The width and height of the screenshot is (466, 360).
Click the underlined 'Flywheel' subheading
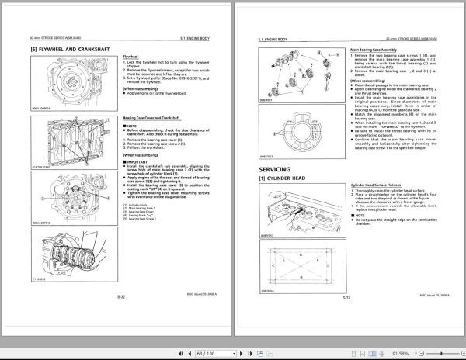point(133,57)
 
